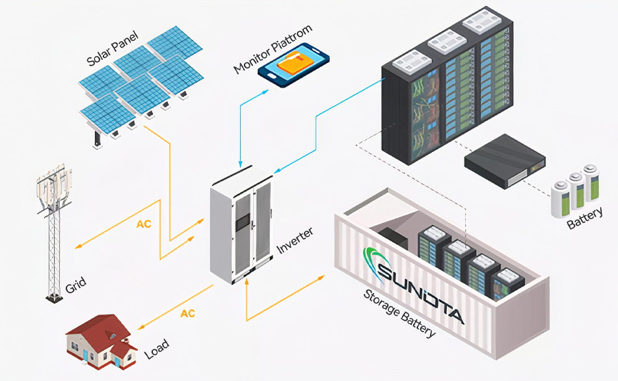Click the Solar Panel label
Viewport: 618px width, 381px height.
113,48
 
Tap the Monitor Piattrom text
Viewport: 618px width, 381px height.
273,49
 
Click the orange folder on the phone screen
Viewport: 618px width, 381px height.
295,64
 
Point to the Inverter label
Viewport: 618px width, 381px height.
295,241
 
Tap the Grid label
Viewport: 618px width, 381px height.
75,285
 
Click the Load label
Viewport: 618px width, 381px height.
157,349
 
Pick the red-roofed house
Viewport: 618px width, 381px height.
101,341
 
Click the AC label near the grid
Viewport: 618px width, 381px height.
144,224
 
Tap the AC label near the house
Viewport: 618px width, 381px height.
187,313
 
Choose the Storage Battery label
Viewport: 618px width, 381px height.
399,313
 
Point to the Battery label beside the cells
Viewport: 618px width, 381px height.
585,218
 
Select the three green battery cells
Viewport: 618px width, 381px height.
575,190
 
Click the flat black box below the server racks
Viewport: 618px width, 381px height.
505,161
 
